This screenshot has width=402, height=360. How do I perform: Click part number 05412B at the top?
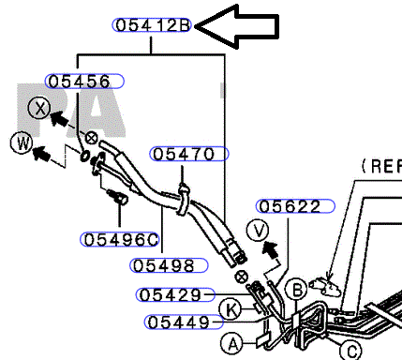152,25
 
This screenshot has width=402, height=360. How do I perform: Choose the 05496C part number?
120,240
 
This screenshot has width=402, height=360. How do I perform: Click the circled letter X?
39,108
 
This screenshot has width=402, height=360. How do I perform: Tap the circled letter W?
22,143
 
